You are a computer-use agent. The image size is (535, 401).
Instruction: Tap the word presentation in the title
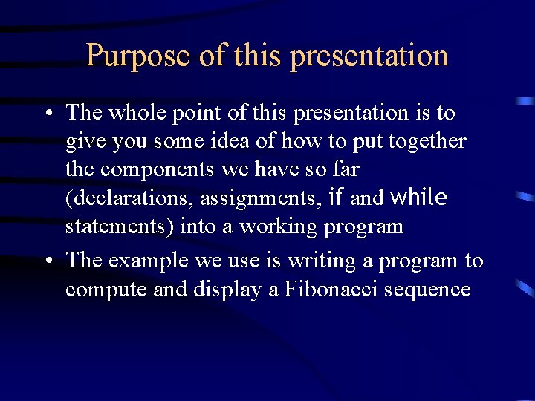click(369, 56)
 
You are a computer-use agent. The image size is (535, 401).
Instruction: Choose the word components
click(158, 170)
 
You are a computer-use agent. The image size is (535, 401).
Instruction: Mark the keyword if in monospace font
click(334, 198)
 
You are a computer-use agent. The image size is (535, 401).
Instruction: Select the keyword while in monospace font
click(418, 198)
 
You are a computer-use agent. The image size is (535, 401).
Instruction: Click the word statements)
click(120, 226)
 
